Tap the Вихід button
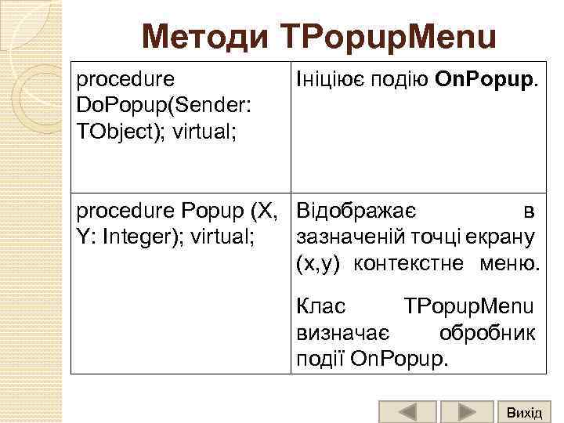(x=524, y=412)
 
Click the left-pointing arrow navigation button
(x=407, y=412)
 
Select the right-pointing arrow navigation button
(x=466, y=412)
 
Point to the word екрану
(x=508, y=236)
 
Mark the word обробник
(x=487, y=332)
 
